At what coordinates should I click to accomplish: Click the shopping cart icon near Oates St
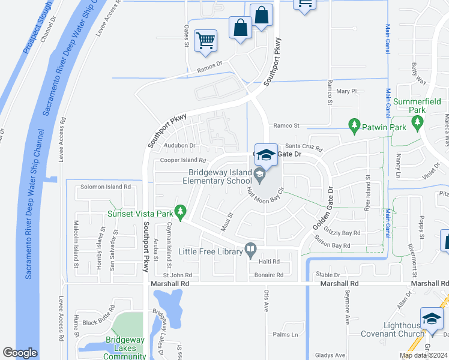click(205, 41)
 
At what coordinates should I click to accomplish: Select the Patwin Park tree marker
click(354, 125)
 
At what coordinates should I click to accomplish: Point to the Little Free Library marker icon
click(251, 248)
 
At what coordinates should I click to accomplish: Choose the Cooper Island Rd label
click(183, 161)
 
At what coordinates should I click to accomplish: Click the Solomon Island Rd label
click(106, 187)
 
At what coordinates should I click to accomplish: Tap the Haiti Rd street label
click(269, 262)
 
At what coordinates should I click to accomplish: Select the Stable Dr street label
click(328, 275)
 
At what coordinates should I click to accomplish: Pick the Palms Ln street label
click(285, 335)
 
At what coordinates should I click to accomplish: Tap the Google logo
click(20, 353)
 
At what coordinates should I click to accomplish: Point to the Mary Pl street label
click(346, 91)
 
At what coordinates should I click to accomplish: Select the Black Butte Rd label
click(98, 322)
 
